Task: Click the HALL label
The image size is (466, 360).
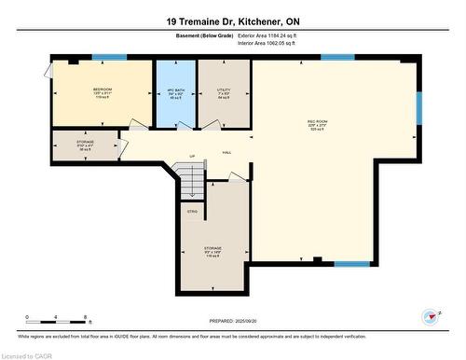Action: [226, 154]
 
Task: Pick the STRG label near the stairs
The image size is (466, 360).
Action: [193, 212]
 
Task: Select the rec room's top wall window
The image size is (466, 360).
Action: [336, 58]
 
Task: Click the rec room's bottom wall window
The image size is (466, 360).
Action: [350, 264]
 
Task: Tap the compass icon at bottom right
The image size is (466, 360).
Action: [430, 316]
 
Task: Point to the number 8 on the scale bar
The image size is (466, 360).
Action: [86, 318]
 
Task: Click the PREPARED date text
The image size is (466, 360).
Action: [233, 318]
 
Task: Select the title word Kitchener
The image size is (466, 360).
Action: [269, 21]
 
